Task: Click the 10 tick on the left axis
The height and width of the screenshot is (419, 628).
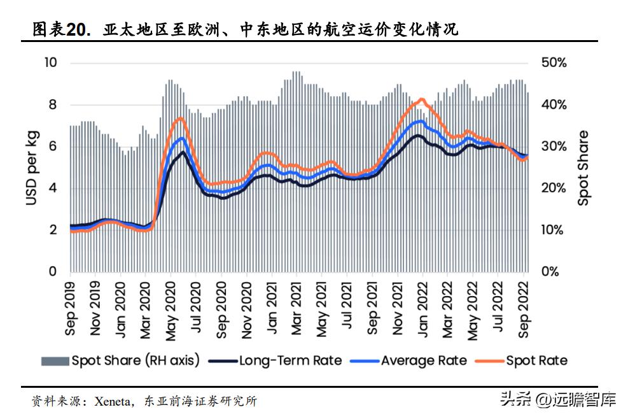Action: (x=50, y=62)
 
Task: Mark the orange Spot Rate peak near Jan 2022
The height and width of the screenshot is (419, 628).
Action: (x=421, y=99)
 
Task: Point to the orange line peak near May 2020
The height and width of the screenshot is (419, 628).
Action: (x=180, y=118)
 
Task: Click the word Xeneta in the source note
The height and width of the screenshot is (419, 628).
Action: (x=113, y=401)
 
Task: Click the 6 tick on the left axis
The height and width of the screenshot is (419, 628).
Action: (x=53, y=146)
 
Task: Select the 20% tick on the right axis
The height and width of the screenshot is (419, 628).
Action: (x=551, y=188)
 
